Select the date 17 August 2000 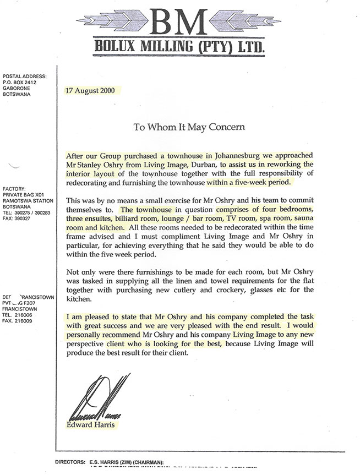point(89,91)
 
